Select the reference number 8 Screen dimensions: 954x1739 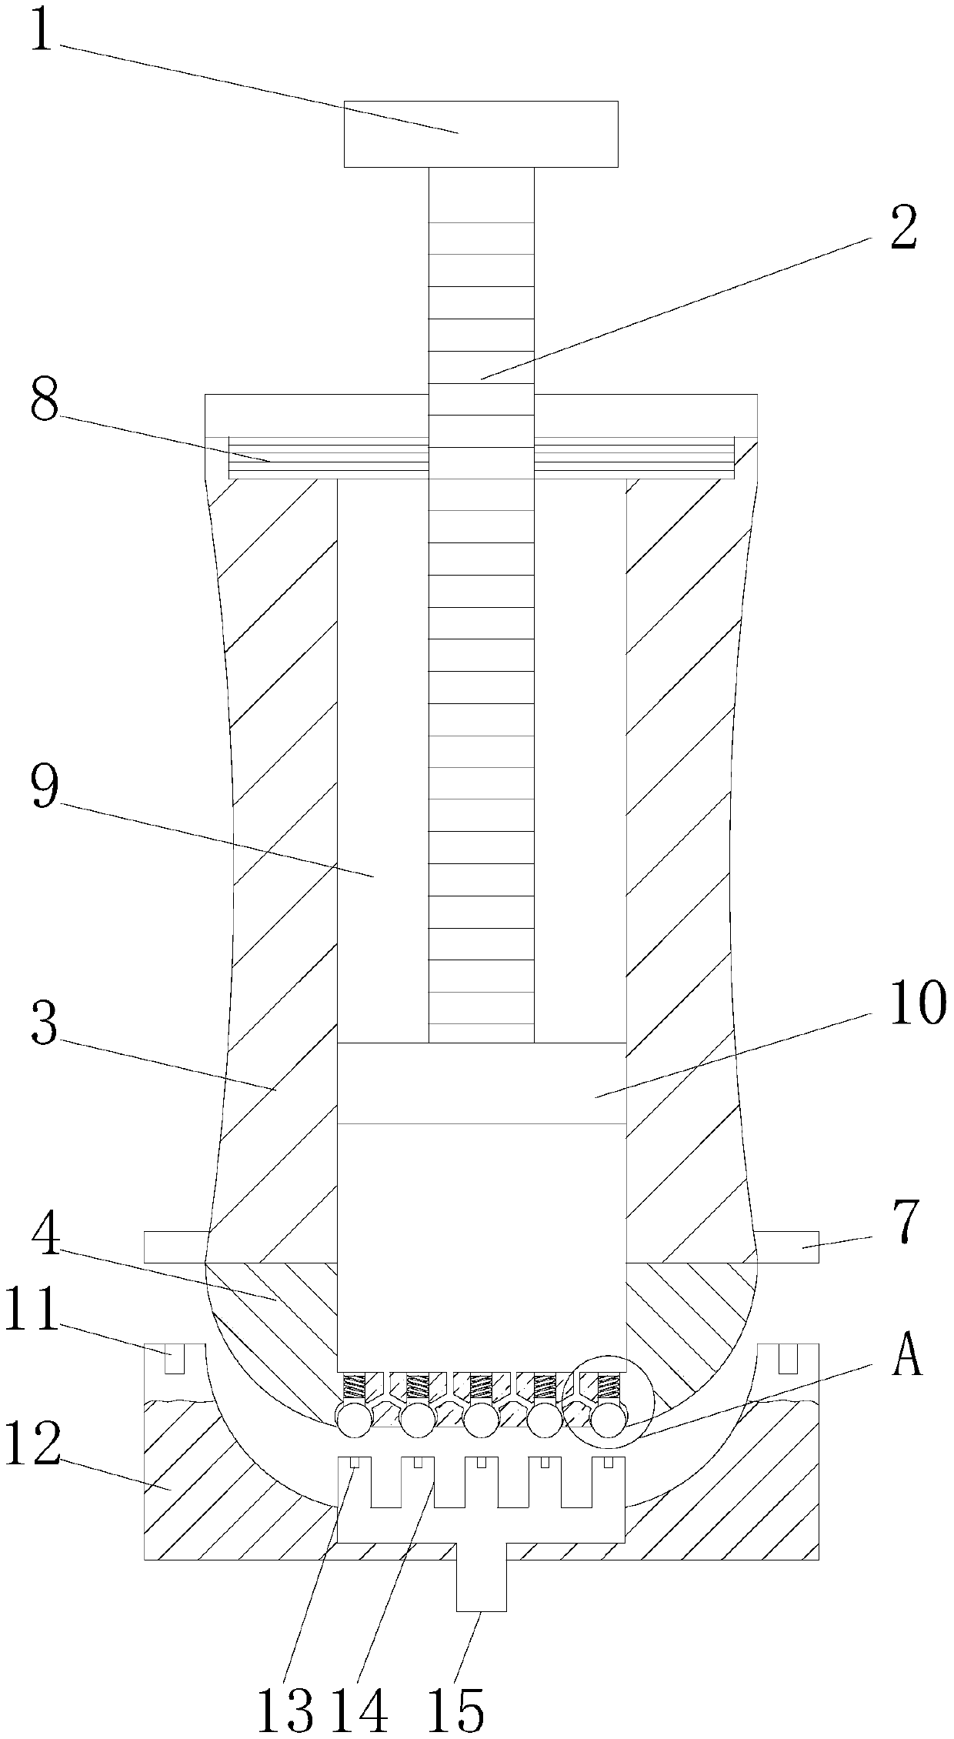45,401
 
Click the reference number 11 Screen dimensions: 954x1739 32,1309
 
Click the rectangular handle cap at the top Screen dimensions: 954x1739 480,134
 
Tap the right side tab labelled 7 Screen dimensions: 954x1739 786,1247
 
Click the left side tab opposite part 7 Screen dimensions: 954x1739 175,1247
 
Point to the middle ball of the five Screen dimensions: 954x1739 480,1420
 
